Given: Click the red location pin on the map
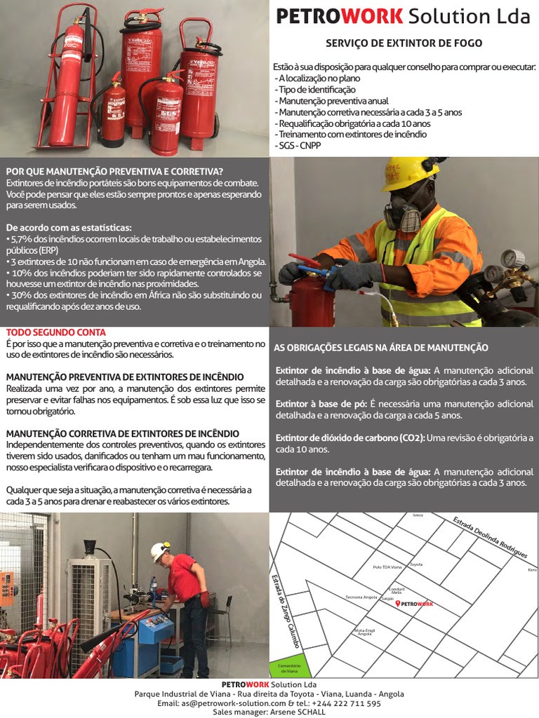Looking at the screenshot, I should coord(398,604).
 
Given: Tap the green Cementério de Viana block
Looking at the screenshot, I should coord(289,666).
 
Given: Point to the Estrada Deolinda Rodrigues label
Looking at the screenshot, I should coord(490,538).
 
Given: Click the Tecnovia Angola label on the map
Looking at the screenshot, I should coord(361,597).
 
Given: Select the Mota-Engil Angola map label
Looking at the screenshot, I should coord(365,632).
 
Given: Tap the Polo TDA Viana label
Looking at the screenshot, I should coord(387,567).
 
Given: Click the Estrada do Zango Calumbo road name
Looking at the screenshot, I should coord(286,610).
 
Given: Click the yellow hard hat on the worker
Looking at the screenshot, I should coord(409,172).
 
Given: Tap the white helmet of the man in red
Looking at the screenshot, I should coord(160,551).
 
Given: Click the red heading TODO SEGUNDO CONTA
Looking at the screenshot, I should coord(56,332).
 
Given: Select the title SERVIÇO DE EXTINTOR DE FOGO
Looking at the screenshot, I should coord(404,43).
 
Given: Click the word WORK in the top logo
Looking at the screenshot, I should coord(367,17).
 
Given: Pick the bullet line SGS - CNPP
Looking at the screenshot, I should coord(297,145).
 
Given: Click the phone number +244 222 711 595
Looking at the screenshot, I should coord(347,703).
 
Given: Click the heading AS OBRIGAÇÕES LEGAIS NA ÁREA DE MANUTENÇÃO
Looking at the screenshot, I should coord(381,348).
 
